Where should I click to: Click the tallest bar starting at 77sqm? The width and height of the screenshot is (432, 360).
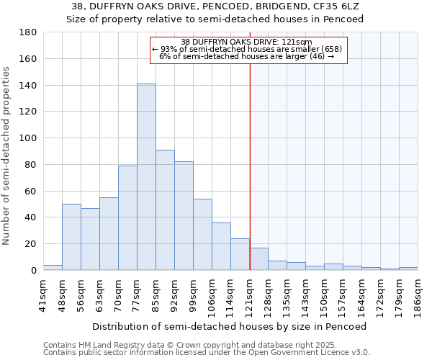point(146,177)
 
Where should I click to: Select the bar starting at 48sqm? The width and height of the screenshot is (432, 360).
point(71,237)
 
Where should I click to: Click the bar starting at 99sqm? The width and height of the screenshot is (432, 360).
point(202,234)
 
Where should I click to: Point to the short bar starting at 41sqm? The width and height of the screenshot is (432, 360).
point(53,268)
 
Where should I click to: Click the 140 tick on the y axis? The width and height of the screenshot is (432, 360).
point(28,86)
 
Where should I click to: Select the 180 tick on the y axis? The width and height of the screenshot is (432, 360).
point(28,32)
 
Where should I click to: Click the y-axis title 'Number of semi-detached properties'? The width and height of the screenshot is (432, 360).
point(7,155)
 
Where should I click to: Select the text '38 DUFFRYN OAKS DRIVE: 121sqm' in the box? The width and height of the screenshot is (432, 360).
point(246,42)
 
